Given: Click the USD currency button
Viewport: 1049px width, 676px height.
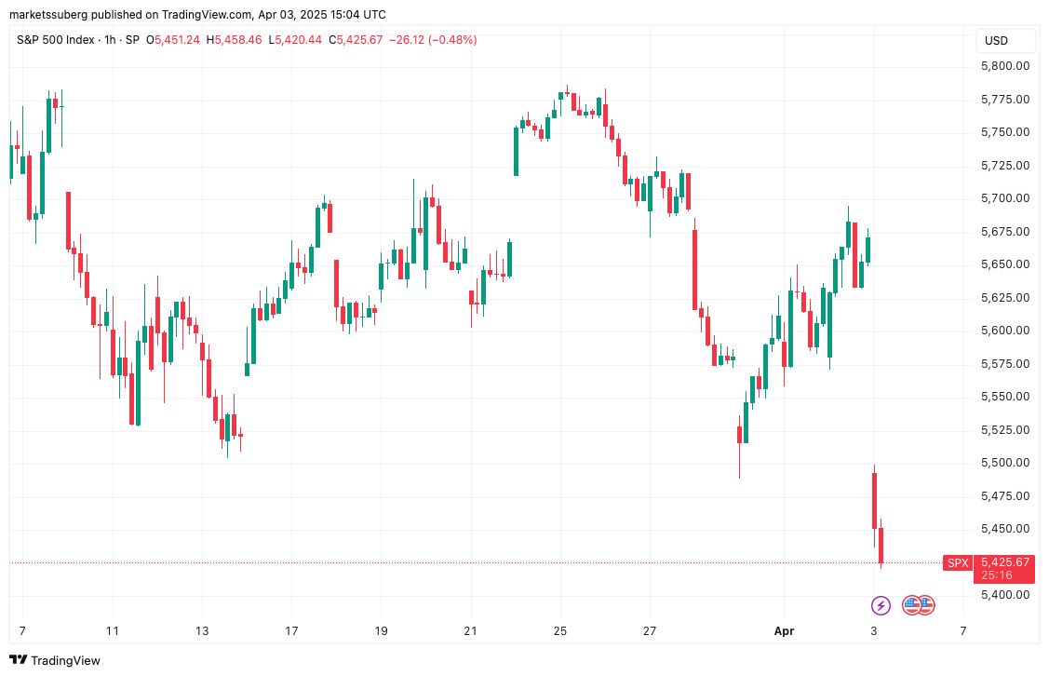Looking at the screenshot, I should coord(996,41).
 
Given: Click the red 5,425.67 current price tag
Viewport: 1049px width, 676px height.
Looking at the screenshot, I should coord(1004,562).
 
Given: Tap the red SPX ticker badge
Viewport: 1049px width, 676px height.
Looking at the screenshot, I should coord(957,563).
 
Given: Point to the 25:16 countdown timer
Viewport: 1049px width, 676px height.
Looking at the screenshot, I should coord(996,575).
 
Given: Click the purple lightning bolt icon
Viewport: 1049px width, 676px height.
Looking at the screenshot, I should coord(881,606).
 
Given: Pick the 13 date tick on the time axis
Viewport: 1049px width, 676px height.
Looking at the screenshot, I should coord(202,631).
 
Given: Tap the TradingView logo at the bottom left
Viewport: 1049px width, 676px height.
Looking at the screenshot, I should coord(55,660).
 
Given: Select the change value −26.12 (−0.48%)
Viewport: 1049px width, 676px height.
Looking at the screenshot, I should coord(433,40).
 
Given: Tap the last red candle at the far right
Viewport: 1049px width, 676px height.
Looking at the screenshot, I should coord(881,545).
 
